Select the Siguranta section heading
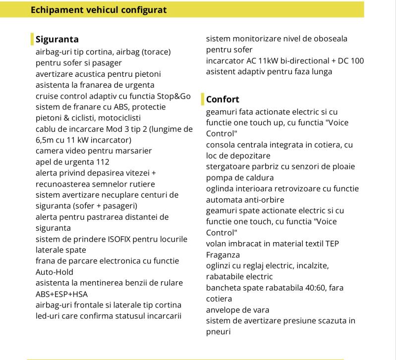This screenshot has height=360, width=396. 57,39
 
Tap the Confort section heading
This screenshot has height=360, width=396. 223,99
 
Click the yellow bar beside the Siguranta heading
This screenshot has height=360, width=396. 32,39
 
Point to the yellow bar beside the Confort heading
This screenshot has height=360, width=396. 203,99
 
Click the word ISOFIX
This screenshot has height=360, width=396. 123,239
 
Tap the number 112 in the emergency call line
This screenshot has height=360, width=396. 102,162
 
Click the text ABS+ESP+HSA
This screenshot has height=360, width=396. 61,294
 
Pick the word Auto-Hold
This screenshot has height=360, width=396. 55,272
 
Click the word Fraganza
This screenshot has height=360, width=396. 223,255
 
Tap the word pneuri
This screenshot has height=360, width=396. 219,331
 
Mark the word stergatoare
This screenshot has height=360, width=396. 229,166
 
